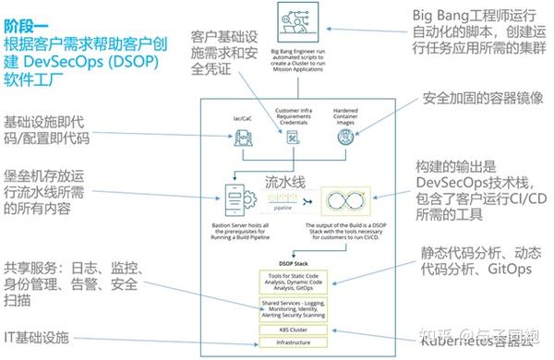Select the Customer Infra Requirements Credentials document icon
tap(294, 138)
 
